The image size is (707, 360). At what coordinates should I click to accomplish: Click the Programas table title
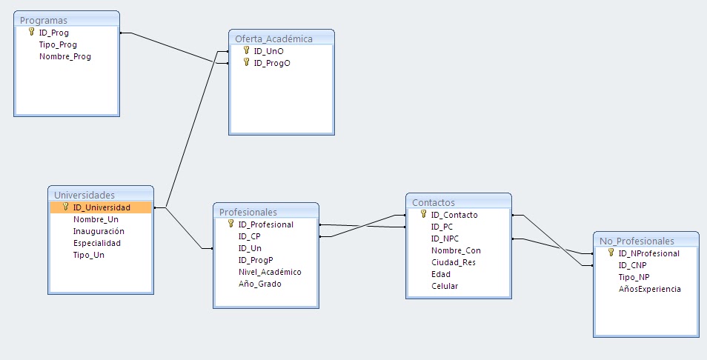click(43, 21)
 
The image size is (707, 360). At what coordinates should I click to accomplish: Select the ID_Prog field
click(53, 33)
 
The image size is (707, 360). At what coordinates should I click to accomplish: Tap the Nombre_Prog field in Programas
click(65, 57)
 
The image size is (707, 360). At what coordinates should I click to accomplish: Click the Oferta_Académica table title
click(273, 39)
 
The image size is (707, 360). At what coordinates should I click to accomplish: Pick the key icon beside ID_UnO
click(246, 50)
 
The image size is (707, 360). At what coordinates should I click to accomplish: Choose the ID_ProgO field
click(272, 64)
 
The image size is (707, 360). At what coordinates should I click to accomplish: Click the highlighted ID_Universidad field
click(102, 207)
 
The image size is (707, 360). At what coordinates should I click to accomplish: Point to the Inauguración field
click(99, 232)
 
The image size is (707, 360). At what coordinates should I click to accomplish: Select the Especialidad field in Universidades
click(97, 243)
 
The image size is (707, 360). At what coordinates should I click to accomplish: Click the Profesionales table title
click(248, 212)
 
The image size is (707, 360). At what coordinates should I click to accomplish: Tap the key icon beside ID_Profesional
click(231, 224)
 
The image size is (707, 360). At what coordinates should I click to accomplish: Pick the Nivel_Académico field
click(270, 272)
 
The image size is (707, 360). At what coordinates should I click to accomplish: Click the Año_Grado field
click(259, 284)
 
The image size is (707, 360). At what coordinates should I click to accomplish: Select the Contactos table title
click(434, 203)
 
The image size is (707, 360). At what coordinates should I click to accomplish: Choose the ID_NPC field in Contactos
click(445, 239)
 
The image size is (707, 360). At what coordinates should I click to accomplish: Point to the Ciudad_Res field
click(453, 263)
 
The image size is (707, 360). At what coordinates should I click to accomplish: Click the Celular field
click(444, 286)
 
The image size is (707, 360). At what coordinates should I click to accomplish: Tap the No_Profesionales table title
click(637, 241)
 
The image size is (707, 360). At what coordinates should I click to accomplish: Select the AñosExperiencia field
click(649, 290)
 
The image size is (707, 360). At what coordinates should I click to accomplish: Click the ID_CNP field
click(632, 265)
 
